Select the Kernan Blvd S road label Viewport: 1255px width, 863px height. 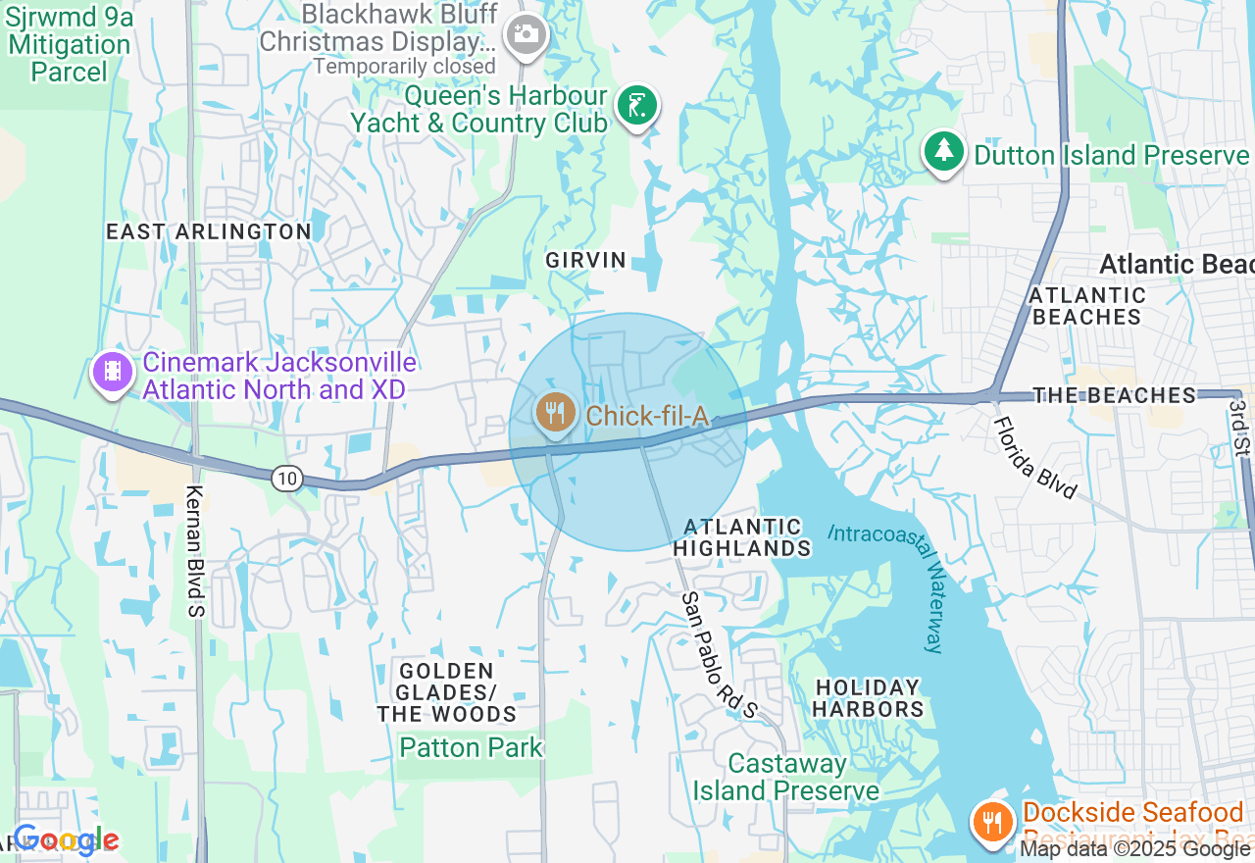[194, 552]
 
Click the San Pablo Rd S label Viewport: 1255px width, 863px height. [720, 654]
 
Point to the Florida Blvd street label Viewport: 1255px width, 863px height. [1035, 458]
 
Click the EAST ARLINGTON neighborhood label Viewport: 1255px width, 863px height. [208, 231]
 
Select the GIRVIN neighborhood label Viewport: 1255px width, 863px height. [586, 260]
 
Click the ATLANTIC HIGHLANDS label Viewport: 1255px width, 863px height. [742, 537]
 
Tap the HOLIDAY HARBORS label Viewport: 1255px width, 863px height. [869, 697]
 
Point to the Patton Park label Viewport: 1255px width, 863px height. [471, 747]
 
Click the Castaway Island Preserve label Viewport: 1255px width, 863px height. [786, 777]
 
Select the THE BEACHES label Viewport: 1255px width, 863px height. [1115, 395]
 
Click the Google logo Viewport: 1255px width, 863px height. [65, 839]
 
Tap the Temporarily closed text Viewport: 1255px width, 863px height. [404, 67]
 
